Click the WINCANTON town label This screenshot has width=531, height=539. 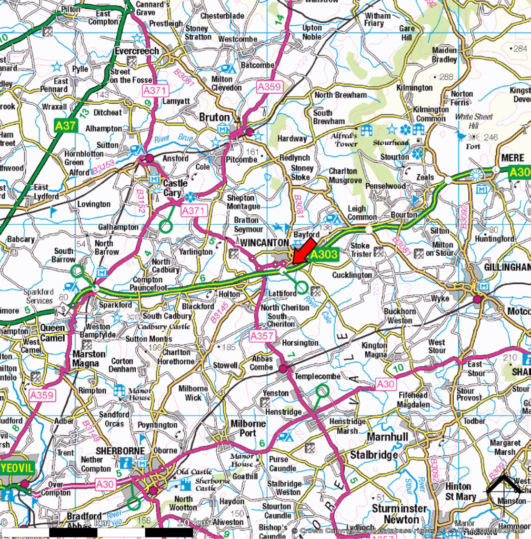tap(264, 243)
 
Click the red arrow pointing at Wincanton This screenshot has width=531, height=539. tap(303, 251)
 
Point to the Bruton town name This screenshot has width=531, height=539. tap(214, 117)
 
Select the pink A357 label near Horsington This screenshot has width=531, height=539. tap(262, 335)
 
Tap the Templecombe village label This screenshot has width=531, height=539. tap(317, 377)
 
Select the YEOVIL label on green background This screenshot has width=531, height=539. tap(18, 468)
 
